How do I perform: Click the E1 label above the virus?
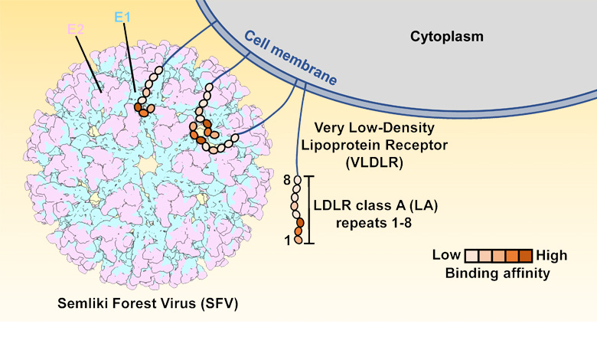pos(122,16)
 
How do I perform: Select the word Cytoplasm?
pos(448,36)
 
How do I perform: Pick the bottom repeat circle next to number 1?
pos(298,241)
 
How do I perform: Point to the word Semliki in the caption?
pos(85,303)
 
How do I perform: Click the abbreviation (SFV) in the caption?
pos(218,303)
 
